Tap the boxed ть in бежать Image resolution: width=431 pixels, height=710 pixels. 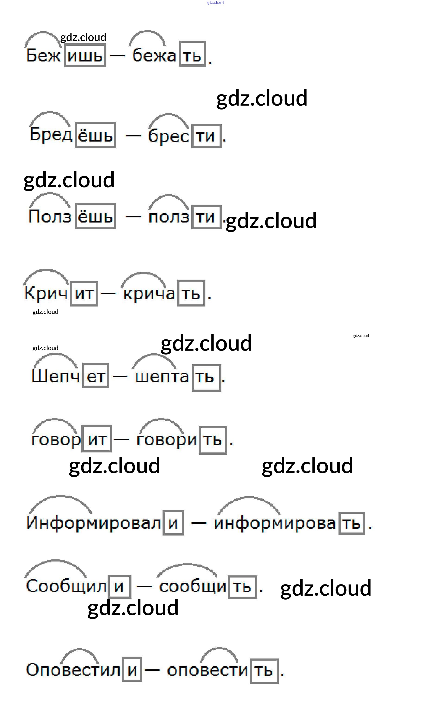[192, 54]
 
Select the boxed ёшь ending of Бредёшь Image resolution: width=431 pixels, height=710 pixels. [96, 135]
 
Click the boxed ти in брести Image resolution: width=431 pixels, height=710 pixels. [206, 136]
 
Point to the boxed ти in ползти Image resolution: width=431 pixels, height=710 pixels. [206, 217]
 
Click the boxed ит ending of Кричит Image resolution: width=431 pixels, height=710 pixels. [84, 294]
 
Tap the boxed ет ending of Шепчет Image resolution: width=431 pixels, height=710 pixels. [96, 375]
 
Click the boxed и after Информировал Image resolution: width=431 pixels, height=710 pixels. [173, 523]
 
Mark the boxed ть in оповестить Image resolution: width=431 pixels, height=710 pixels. [264, 671]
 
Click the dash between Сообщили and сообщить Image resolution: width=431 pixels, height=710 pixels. [144, 586]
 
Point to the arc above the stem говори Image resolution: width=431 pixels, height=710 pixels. [161, 426]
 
